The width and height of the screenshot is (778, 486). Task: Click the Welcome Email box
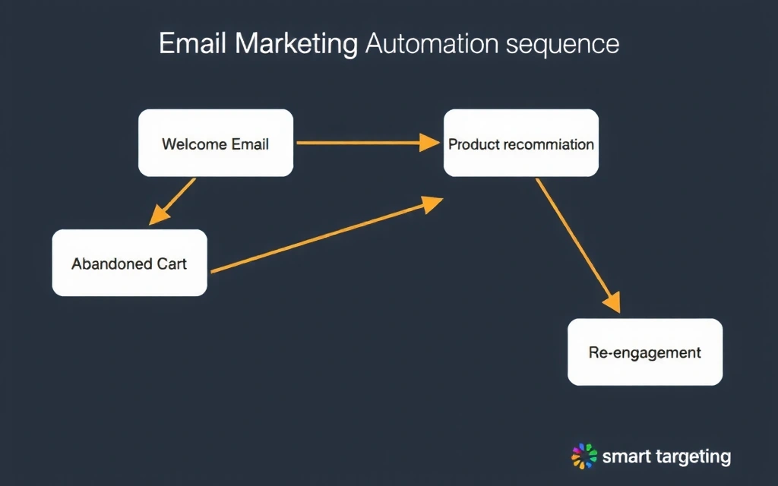point(215,143)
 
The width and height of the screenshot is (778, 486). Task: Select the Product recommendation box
point(521,143)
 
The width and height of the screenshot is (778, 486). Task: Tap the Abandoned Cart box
point(129,263)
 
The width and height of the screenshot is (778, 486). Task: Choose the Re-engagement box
point(645,352)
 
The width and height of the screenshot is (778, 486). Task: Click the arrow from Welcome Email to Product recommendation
point(357,142)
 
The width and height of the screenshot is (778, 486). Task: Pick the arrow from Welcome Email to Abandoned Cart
point(173,201)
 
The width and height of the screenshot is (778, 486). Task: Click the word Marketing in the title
point(296,44)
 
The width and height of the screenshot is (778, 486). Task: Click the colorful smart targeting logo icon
point(584,456)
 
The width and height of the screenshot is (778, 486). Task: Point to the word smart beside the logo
point(622,457)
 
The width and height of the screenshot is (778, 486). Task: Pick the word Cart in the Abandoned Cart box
point(172,264)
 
